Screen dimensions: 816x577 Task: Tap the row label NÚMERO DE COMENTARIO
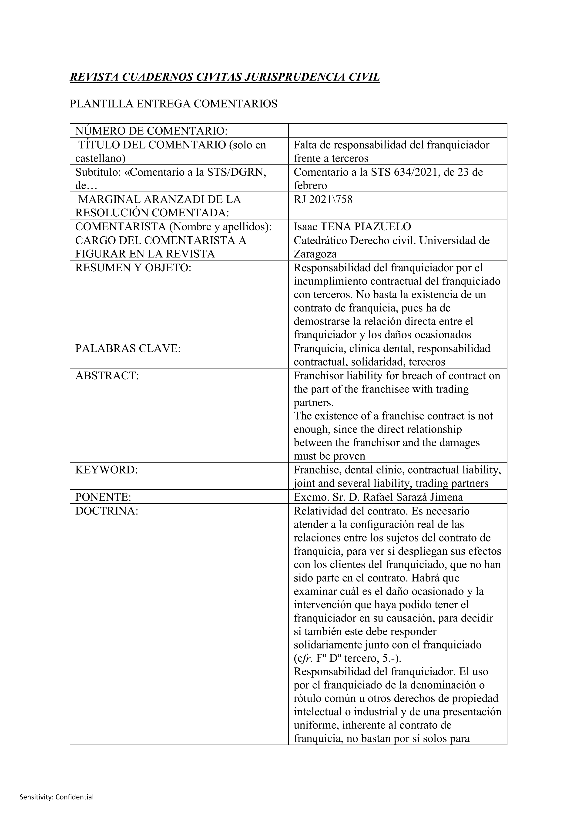151,131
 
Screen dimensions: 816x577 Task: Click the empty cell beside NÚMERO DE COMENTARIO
397,131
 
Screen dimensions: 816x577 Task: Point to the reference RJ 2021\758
323,200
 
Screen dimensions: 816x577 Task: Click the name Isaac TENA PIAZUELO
352,227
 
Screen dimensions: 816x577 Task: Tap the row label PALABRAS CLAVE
128,349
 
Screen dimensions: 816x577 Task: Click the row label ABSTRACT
107,376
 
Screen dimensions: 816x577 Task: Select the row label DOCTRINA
107,511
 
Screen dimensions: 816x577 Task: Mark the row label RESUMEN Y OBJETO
133,268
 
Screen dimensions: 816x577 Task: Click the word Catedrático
320,241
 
